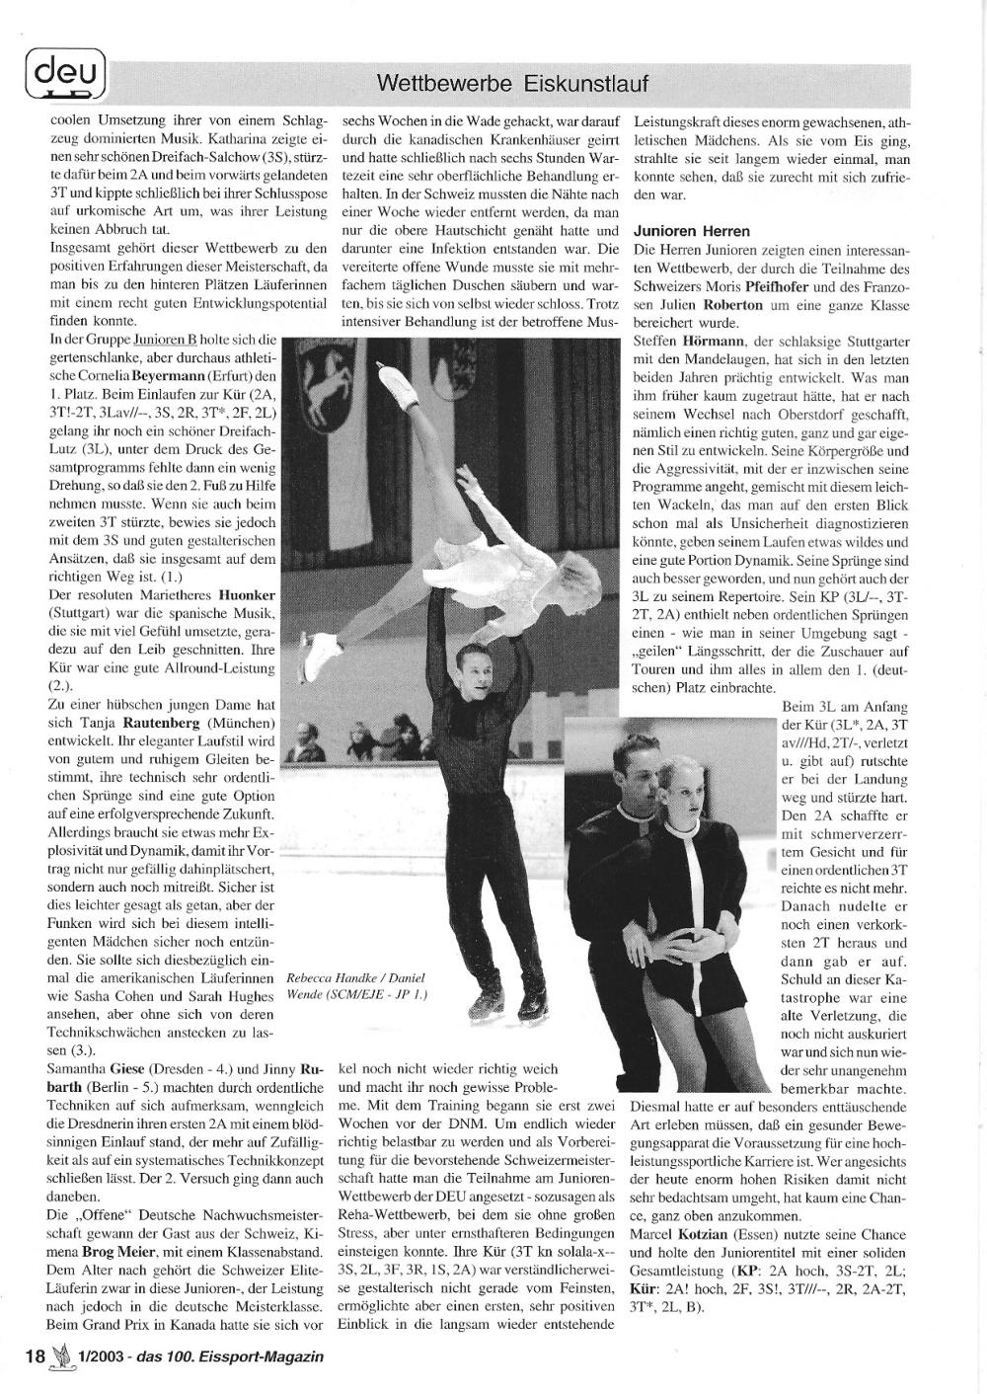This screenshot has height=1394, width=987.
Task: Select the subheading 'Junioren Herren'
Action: pos(691,232)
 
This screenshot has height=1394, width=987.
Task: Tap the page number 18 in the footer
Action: pos(35,1355)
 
